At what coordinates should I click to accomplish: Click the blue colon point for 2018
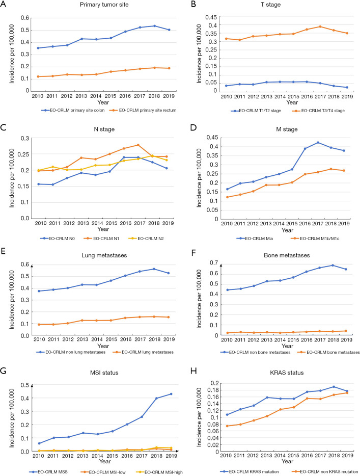click(155, 25)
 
